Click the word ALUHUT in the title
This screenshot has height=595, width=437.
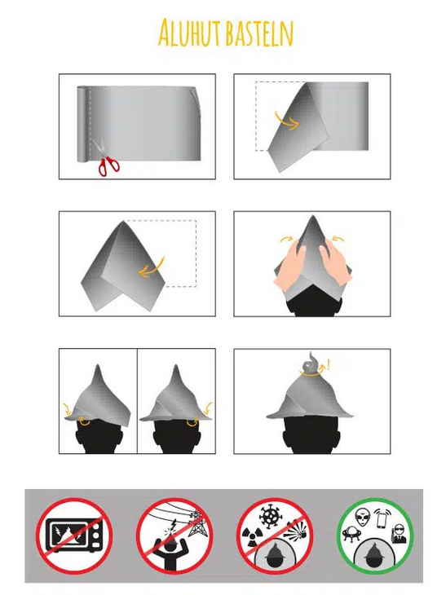tap(189, 32)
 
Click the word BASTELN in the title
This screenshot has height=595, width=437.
tap(259, 33)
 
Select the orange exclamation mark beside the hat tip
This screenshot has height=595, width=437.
tap(328, 365)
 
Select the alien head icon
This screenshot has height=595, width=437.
tap(363, 518)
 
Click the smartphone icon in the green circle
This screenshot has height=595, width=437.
tap(382, 518)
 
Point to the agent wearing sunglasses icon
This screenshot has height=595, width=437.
tap(399, 534)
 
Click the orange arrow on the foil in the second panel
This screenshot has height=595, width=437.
tap(287, 121)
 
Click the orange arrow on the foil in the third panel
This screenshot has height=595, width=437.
tap(151, 268)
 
